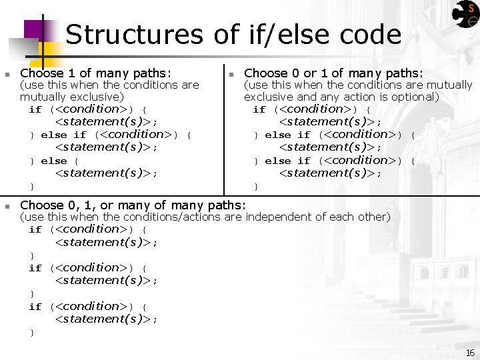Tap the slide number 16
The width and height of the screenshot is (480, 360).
(x=470, y=353)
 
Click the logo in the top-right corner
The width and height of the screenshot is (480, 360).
(x=465, y=14)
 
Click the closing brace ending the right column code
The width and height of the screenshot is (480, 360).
(x=256, y=186)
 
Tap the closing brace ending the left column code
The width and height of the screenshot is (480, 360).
(x=32, y=186)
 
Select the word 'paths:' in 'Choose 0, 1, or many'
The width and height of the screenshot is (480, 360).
(x=226, y=205)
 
